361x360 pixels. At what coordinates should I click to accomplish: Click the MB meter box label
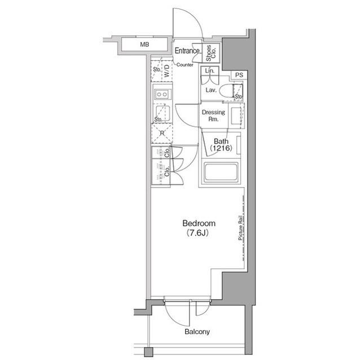(144, 45)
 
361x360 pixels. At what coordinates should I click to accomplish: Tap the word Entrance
(187, 51)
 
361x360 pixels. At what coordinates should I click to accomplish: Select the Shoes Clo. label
(211, 53)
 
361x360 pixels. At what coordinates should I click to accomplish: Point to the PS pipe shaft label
(239, 75)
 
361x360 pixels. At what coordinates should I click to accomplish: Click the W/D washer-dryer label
(167, 70)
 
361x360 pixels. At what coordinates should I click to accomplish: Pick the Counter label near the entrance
(184, 65)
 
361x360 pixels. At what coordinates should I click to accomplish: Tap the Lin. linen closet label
(209, 70)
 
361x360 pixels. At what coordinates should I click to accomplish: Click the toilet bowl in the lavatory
(226, 91)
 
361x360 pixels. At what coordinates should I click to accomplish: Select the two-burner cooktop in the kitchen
(162, 94)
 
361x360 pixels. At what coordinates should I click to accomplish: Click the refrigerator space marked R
(162, 133)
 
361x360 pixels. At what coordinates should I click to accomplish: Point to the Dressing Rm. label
(213, 115)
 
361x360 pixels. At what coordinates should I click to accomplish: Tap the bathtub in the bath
(221, 172)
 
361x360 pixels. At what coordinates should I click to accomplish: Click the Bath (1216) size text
(221, 145)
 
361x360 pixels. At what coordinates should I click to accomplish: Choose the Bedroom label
(199, 223)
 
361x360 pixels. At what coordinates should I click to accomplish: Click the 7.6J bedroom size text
(197, 233)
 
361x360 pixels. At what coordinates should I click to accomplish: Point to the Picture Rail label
(240, 228)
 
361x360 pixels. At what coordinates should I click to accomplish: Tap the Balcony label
(197, 331)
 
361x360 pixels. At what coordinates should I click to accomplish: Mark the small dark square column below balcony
(148, 352)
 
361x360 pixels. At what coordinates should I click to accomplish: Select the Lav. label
(211, 90)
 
